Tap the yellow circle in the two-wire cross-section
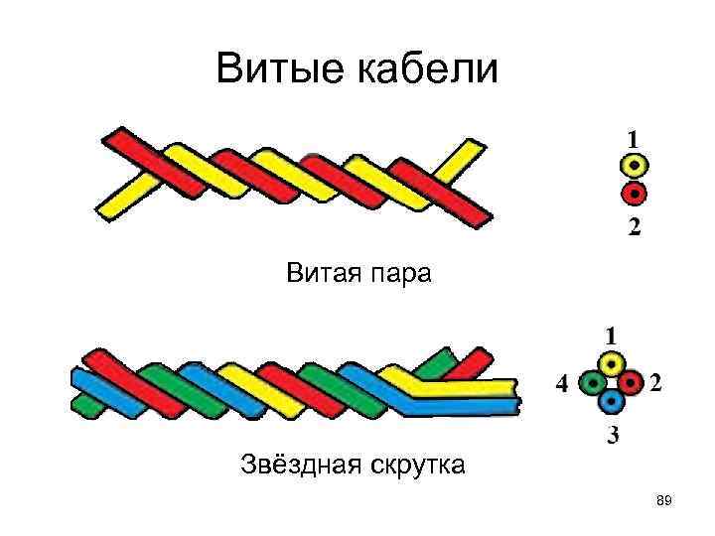click(x=635, y=165)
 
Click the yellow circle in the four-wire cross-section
click(x=612, y=363)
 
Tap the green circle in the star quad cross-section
click(x=593, y=381)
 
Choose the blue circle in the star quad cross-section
click(x=612, y=400)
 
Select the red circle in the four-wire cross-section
click(x=631, y=381)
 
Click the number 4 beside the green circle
click(x=562, y=383)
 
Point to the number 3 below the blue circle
click(x=613, y=434)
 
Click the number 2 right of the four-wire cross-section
click(x=656, y=382)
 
